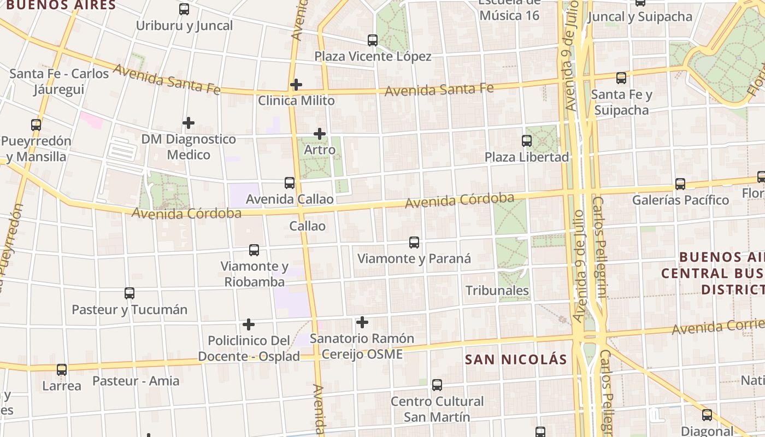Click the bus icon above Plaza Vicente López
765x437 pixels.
(373, 40)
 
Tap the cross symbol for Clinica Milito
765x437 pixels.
(296, 85)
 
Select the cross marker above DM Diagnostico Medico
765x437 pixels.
(189, 123)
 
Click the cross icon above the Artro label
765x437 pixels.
(320, 133)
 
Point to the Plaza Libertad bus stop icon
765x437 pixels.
(527, 141)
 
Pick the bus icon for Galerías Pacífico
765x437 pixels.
(680, 184)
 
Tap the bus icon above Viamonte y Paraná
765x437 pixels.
(414, 242)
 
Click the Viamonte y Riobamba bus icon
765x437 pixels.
(254, 250)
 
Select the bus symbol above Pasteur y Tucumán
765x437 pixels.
(130, 293)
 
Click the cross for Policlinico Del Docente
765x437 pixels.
(249, 324)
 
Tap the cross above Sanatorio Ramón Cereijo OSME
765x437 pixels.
(362, 322)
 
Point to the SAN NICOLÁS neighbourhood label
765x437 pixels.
(516, 359)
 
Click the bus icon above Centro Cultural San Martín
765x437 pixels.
(437, 385)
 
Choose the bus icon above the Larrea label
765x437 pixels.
(62, 370)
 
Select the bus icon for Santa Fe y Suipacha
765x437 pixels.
(621, 78)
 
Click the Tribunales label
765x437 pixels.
(497, 291)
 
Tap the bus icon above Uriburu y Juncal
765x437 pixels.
(184, 9)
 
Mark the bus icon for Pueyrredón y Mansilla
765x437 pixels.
(36, 125)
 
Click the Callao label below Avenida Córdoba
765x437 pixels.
(307, 226)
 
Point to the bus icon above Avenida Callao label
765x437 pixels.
(290, 183)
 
